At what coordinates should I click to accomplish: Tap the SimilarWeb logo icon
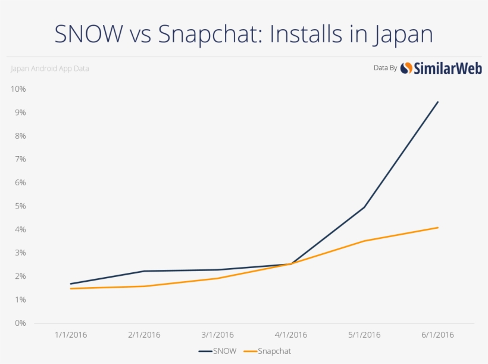pyautogui.click(x=406, y=68)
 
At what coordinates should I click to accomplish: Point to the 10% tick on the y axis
pyautogui.click(x=18, y=89)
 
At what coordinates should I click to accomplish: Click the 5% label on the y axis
pyautogui.click(x=20, y=206)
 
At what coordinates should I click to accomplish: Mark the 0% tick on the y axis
pyautogui.click(x=20, y=323)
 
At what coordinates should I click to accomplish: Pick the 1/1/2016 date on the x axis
pyautogui.click(x=71, y=335)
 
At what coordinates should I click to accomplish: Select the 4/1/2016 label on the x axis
pyautogui.click(x=291, y=335)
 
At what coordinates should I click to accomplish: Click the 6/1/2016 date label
pyautogui.click(x=438, y=335)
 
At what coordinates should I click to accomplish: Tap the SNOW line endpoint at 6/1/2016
pyautogui.click(x=438, y=102)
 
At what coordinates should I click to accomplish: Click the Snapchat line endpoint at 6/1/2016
pyautogui.click(x=438, y=228)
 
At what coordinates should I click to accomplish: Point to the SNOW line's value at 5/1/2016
pyautogui.click(x=364, y=207)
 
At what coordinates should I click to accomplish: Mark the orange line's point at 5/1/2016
pyautogui.click(x=364, y=241)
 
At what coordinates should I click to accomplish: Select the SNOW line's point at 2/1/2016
pyautogui.click(x=144, y=271)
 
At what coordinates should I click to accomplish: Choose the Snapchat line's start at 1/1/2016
pyautogui.click(x=71, y=288)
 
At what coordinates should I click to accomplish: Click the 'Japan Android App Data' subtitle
pyautogui.click(x=50, y=69)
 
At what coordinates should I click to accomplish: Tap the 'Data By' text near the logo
pyautogui.click(x=385, y=68)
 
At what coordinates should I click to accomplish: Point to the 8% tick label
pyautogui.click(x=20, y=136)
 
